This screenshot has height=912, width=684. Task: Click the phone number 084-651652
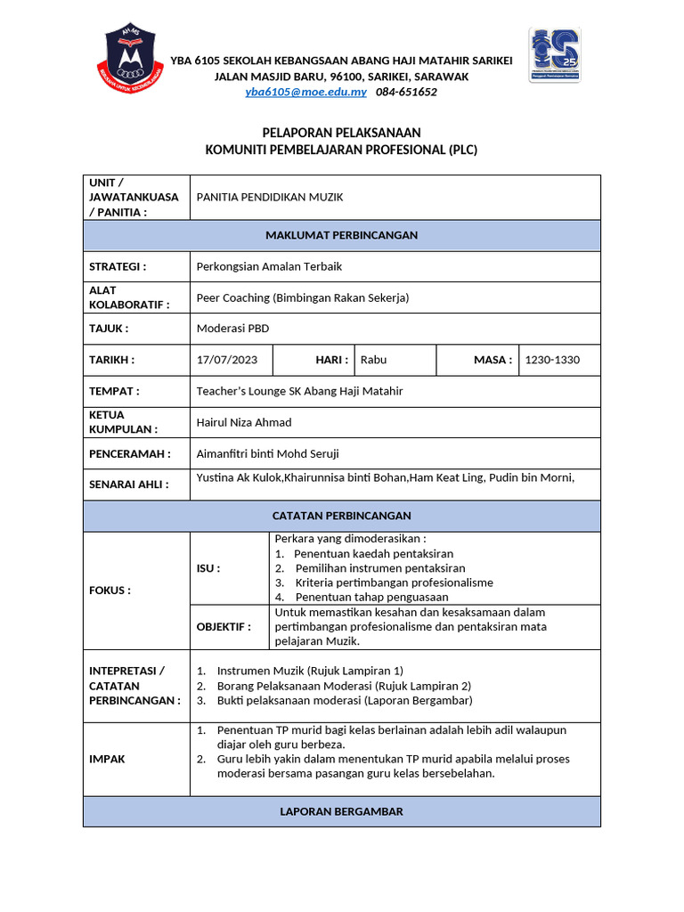406,92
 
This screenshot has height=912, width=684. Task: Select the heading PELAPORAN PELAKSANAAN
341,132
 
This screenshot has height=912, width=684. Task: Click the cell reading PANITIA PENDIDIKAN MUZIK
269,197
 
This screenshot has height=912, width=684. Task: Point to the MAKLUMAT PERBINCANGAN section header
341,235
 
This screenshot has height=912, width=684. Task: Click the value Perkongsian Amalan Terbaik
269,266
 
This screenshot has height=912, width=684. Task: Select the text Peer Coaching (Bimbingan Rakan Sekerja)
302,297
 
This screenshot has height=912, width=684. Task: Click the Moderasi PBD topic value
232,329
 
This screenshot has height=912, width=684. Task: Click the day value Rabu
373,360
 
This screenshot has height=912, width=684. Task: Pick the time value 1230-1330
552,360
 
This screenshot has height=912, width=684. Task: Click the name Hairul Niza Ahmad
243,422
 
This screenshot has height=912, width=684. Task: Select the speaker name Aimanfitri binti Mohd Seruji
267,453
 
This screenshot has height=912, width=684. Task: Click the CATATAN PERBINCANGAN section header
341,516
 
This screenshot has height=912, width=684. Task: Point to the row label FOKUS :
110,590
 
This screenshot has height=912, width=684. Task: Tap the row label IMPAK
107,759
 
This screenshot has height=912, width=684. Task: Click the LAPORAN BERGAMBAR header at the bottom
341,811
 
